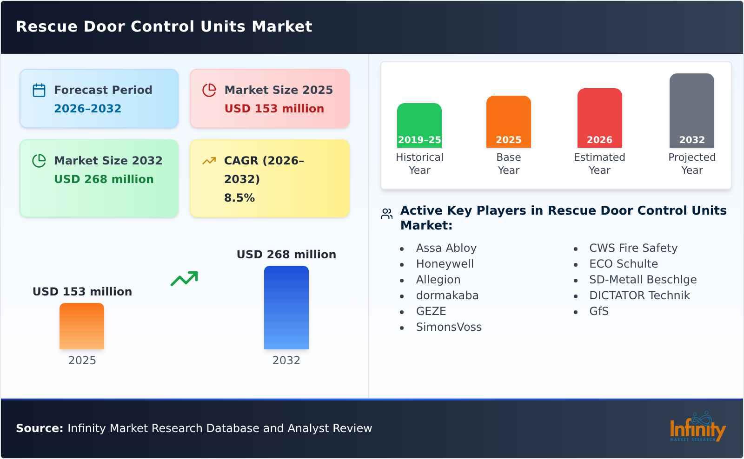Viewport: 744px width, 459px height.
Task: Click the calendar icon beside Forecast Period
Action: coord(39,90)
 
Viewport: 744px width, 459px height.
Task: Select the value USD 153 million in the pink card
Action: coord(274,109)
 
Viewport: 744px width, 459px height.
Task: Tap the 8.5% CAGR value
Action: coord(239,198)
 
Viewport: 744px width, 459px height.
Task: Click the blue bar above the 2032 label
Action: coord(286,307)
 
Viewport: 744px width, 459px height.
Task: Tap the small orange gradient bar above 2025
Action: coord(82,326)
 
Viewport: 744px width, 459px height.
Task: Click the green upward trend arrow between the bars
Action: coord(184,279)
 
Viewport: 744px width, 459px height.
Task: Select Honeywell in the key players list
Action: coord(445,264)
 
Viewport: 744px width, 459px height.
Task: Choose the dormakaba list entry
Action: coord(447,295)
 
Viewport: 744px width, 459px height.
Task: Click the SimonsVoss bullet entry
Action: coord(448,327)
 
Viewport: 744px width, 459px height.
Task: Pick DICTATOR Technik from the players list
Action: coord(639,295)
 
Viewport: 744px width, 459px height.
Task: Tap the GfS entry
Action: coord(598,311)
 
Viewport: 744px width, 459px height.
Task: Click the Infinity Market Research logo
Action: coord(697,427)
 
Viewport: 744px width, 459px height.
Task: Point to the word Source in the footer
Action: coord(39,428)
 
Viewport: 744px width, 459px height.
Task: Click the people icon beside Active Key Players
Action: coord(386,214)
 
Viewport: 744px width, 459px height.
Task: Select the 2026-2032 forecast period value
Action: coord(87,109)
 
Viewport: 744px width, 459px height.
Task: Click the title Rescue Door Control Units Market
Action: coord(164,26)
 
